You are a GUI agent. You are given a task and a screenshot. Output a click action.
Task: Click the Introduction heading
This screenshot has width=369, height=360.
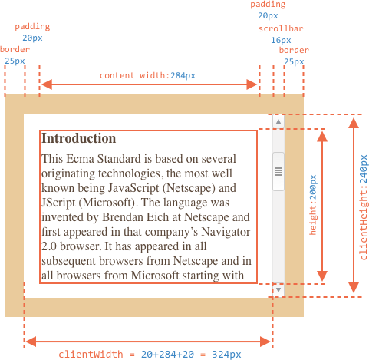pos(79,138)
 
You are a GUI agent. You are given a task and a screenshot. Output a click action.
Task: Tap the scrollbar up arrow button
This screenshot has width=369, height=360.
pos(278,121)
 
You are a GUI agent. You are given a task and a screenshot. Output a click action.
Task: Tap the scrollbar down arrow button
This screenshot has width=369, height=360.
pos(278,289)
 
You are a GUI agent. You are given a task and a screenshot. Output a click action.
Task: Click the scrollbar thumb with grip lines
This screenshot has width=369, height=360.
pos(278,171)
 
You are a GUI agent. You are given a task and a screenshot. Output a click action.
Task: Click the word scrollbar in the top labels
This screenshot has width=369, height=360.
pos(281,28)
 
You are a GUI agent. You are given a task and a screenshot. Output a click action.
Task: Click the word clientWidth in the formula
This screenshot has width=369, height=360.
pos(91,355)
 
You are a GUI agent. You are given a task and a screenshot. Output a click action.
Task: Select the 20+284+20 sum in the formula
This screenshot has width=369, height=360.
pos(167,355)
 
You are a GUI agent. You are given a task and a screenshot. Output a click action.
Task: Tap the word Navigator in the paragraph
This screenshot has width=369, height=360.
pos(226,232)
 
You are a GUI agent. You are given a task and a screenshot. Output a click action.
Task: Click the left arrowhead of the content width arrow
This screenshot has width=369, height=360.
pos(47,84)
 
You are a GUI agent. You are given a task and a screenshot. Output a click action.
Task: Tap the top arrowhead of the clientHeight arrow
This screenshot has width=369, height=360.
pos(354,123)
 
